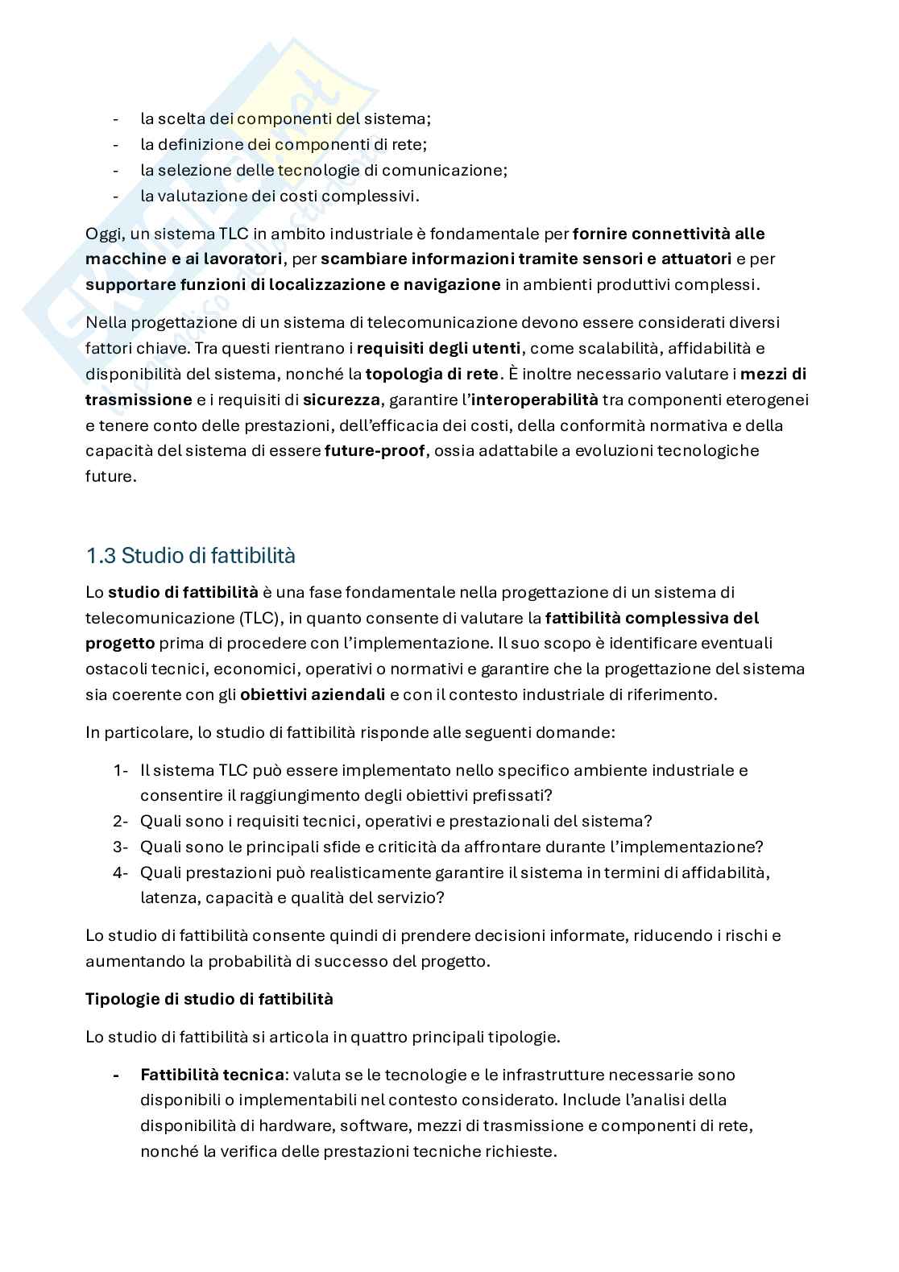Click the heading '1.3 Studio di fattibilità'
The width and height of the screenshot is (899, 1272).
click(x=190, y=555)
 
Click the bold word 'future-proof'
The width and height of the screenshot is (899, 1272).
click(x=374, y=450)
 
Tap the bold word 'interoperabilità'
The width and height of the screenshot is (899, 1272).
click(x=535, y=400)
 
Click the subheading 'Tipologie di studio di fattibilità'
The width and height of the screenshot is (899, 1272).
click(x=209, y=999)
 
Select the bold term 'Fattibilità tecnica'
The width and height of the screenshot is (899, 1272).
click(x=212, y=1075)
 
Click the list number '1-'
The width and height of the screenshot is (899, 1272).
click(x=121, y=770)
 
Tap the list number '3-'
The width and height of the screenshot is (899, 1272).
click(x=121, y=847)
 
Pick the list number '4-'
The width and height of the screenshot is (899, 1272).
click(x=121, y=872)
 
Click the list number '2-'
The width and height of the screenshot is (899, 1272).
click(x=121, y=821)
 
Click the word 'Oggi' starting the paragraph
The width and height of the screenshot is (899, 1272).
click(x=102, y=234)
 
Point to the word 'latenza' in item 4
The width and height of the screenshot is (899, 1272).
click(x=166, y=897)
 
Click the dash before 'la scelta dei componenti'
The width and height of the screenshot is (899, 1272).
click(x=116, y=119)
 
